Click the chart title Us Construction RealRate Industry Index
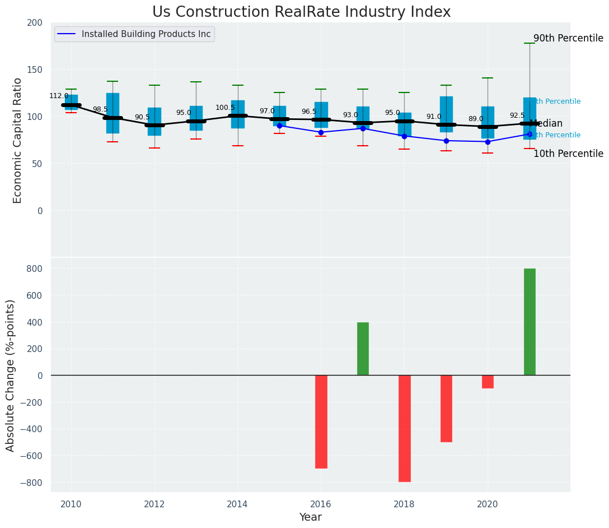[x=301, y=12]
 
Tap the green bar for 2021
[x=530, y=322]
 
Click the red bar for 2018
[x=404, y=428]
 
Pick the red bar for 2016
[x=321, y=422]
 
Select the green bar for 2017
[x=363, y=349]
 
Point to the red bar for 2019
[x=446, y=409]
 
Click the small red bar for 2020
[x=488, y=382]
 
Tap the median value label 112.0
[x=59, y=96]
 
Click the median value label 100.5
[x=225, y=108]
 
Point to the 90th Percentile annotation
[x=568, y=39]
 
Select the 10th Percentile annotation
[x=568, y=154]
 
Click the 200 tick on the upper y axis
[x=35, y=22]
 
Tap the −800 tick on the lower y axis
[x=33, y=483]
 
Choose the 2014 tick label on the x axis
[x=237, y=504]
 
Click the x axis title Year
[x=310, y=517]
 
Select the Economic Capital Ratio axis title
[x=17, y=140]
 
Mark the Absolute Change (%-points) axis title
[x=11, y=375]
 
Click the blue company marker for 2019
[x=446, y=141]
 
